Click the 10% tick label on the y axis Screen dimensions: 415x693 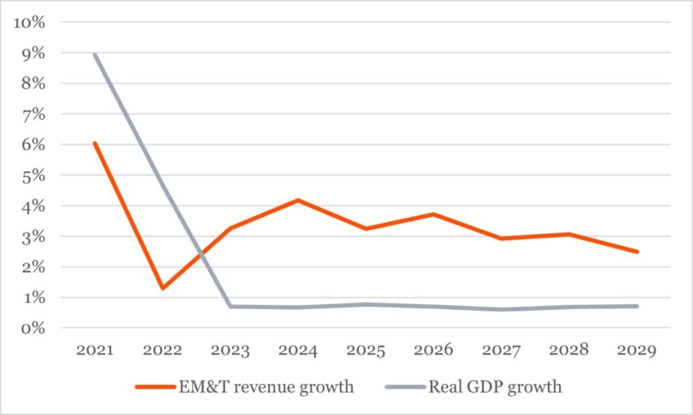click(29, 22)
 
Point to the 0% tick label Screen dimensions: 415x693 click(32, 328)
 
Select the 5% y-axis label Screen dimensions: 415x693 click(32, 176)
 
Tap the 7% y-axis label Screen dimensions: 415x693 click(32, 114)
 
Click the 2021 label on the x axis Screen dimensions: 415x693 click(95, 351)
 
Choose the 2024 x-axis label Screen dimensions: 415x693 click(298, 351)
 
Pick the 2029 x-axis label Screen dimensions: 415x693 click(636, 351)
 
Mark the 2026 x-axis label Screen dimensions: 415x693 click(433, 351)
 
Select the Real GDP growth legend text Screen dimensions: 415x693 click(495, 387)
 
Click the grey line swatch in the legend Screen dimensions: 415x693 click(403, 387)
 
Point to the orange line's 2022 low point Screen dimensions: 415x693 click(162, 289)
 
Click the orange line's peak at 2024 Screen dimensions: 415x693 click(298, 200)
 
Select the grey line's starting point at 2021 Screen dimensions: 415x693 click(95, 54)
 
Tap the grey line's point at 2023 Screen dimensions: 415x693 click(230, 306)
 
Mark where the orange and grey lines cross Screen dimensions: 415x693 click(201, 254)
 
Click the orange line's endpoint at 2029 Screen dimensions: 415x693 click(636, 251)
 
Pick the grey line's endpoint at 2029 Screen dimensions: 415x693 click(636, 306)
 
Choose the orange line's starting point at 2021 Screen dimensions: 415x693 click(95, 143)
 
